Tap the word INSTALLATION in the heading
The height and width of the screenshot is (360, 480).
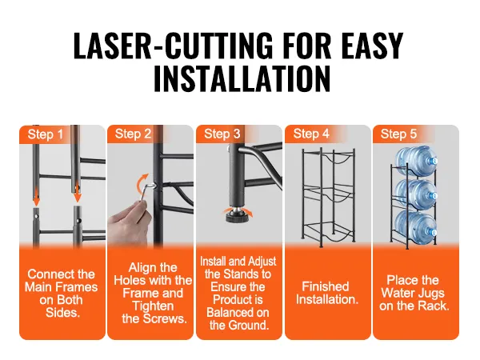242,78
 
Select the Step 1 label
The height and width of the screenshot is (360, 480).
46,134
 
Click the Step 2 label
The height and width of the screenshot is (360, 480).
133,134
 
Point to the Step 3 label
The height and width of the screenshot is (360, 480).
222,134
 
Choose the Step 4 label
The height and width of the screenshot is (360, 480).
311,134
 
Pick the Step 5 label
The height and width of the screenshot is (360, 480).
398,134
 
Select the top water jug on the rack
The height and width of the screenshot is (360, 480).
416,162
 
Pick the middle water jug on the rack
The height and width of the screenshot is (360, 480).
416,194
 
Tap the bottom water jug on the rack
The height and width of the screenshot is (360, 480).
416,229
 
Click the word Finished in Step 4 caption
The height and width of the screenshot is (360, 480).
326,286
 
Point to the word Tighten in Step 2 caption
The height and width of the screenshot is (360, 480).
153,306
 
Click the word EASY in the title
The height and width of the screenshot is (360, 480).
373,46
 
